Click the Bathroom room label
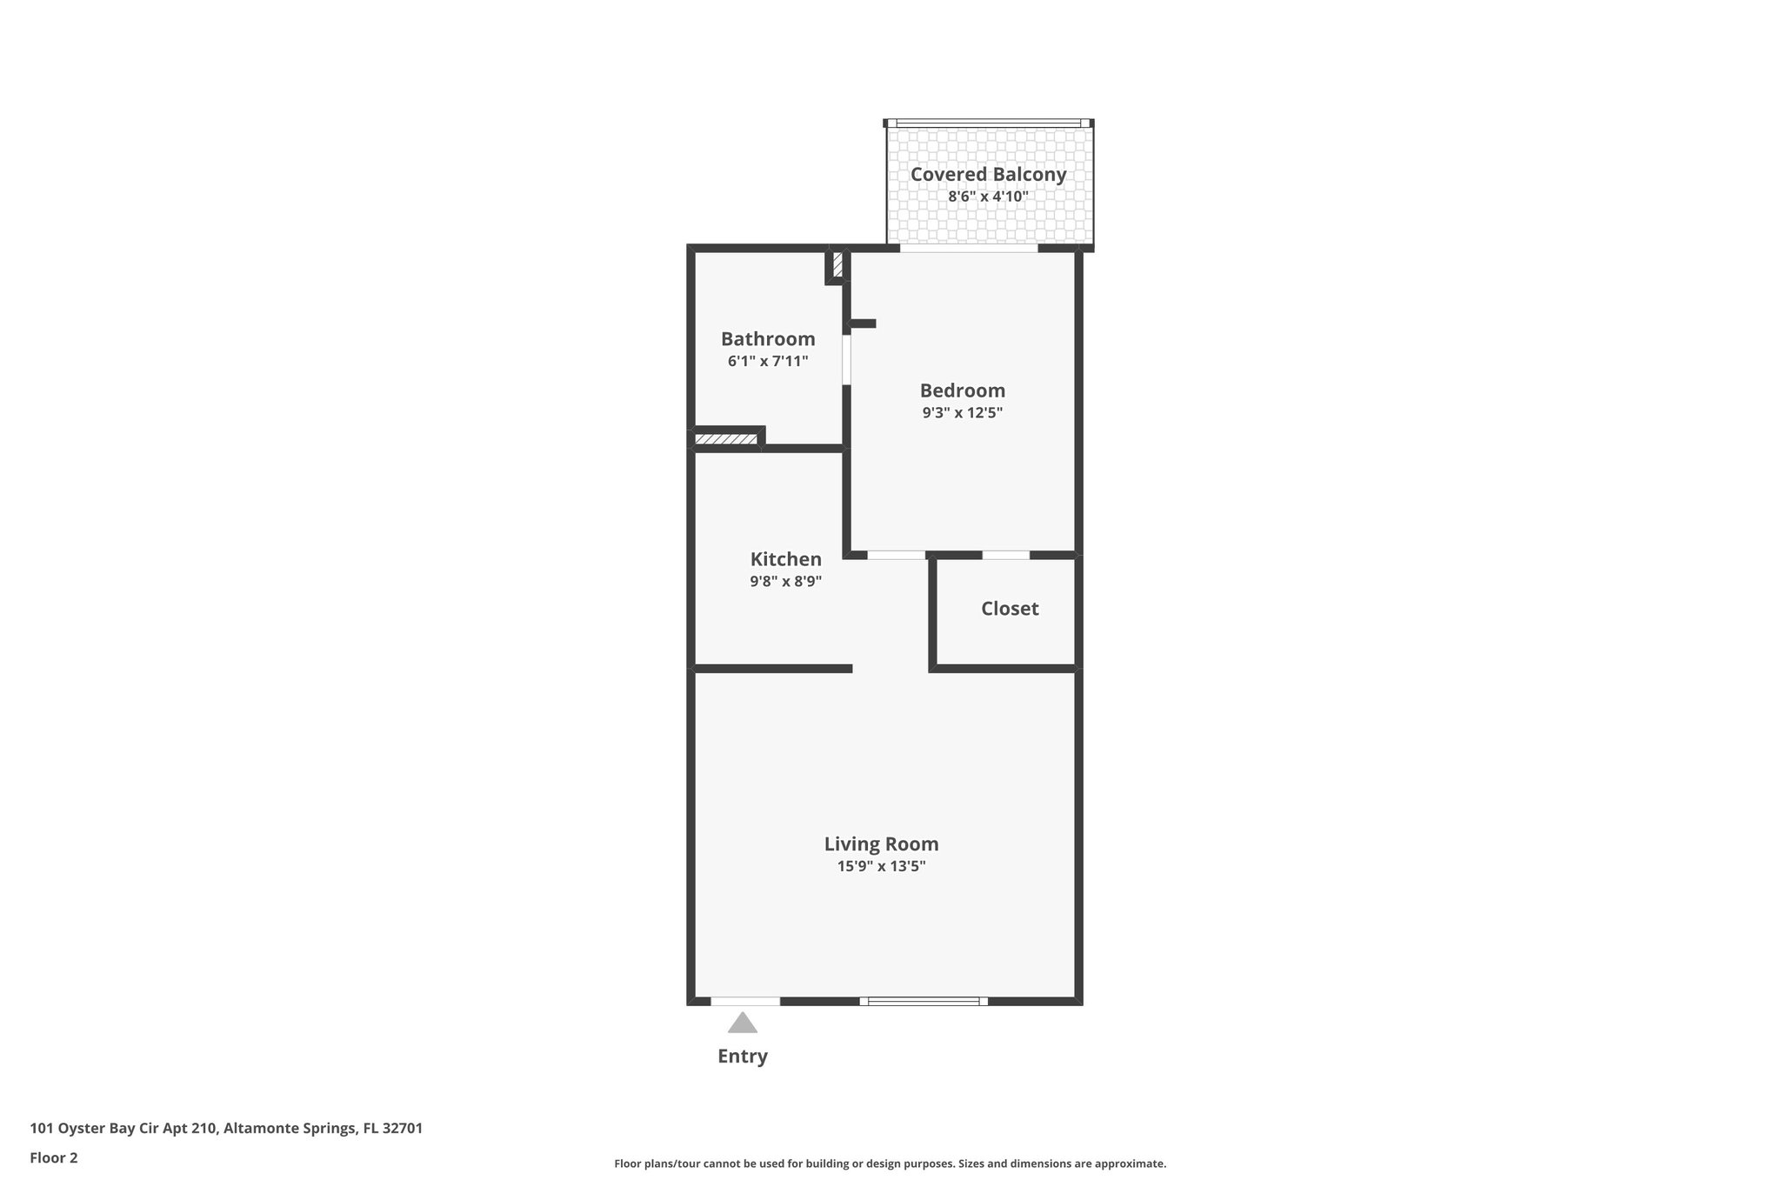click(x=768, y=339)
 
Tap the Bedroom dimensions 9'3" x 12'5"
click(x=963, y=413)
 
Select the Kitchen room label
click(x=785, y=559)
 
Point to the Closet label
click(x=1010, y=609)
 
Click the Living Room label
click(x=881, y=844)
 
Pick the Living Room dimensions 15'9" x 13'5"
click(x=881, y=866)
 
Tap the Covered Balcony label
click(x=988, y=174)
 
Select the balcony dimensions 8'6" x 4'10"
click(x=988, y=197)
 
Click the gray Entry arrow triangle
click(x=742, y=1023)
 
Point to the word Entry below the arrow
click(x=742, y=1057)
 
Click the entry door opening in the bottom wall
click(x=745, y=1001)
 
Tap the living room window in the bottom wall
click(x=924, y=1001)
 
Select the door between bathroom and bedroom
click(x=846, y=359)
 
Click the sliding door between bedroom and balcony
click(x=969, y=248)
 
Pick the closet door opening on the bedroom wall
click(x=1006, y=555)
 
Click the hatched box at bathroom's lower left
click(x=726, y=439)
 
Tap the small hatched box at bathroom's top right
click(x=837, y=264)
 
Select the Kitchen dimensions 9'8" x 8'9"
click(x=785, y=582)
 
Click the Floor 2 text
click(x=54, y=1157)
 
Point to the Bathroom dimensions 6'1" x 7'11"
click(x=768, y=361)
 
